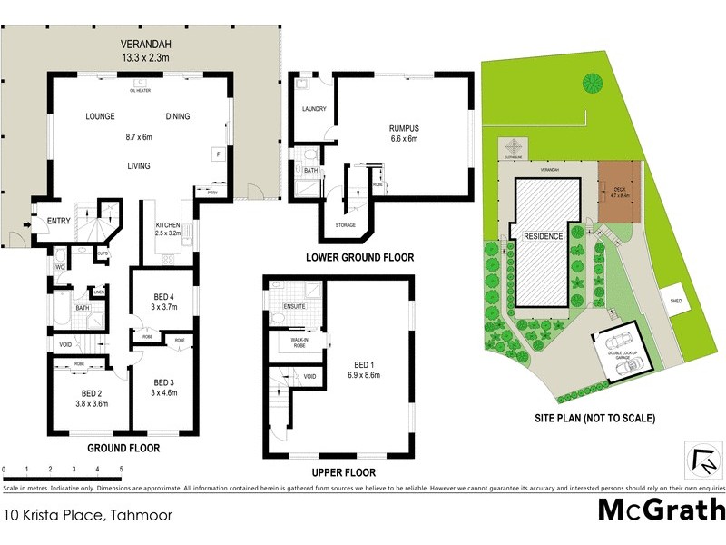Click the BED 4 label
click(165, 294)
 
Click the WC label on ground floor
click(59, 267)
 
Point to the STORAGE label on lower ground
click(344, 225)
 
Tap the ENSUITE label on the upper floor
click(294, 306)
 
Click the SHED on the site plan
click(676, 301)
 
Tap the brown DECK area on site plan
click(620, 193)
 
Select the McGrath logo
click(661, 509)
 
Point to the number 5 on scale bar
click(122, 469)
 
